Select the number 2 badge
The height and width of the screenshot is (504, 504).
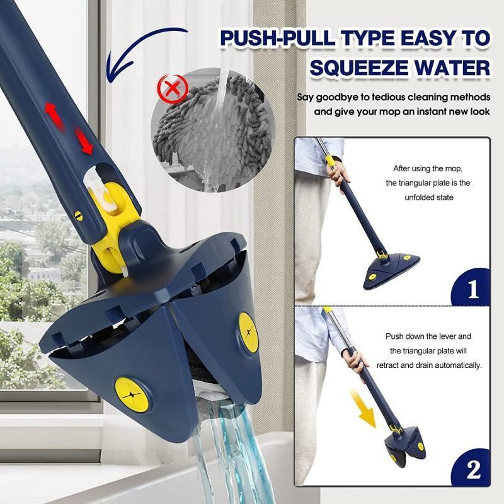click(x=473, y=469)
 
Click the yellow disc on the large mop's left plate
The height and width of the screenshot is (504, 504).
click(x=132, y=395)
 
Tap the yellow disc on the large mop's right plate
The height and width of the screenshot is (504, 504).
click(x=248, y=331)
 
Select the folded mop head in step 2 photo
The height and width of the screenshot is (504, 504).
click(x=403, y=443)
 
